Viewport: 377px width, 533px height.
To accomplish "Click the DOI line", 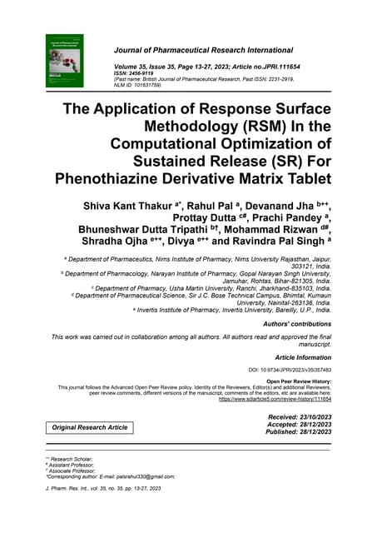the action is coord(290,369).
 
